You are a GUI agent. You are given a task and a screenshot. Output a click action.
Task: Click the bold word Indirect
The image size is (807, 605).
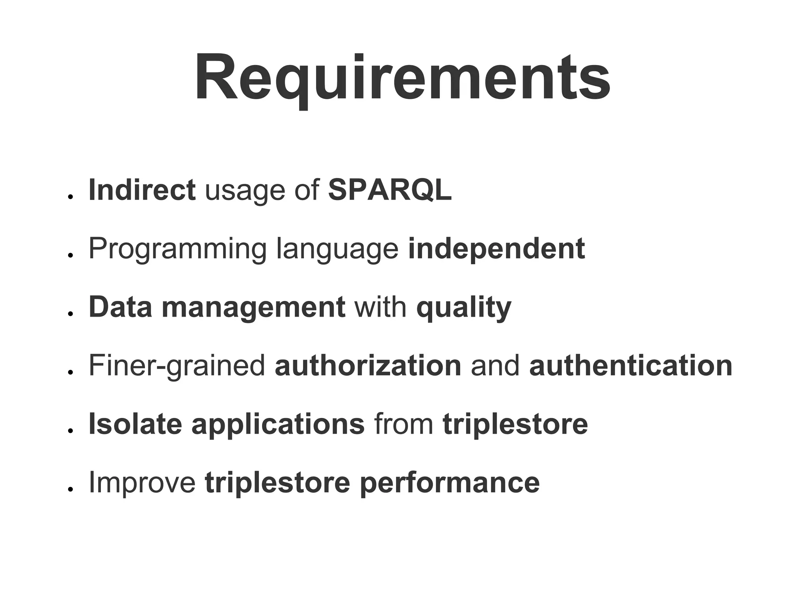point(142,190)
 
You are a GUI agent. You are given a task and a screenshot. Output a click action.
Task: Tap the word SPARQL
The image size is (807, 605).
point(390,190)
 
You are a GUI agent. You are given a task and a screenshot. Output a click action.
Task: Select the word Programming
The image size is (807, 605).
point(178,249)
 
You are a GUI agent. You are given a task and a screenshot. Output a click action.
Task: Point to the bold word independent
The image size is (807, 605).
point(496,249)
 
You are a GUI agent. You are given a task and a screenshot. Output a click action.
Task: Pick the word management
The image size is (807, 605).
point(253,307)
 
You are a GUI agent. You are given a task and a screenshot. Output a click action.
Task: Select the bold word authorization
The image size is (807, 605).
point(368,366)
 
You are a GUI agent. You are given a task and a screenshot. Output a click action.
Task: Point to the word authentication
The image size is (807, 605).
point(630,366)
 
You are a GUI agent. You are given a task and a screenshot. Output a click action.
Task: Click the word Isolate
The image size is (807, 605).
point(135,424)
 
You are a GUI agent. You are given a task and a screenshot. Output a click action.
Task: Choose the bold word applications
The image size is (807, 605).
point(278,425)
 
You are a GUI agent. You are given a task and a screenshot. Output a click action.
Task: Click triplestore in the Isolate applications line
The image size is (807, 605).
point(515,425)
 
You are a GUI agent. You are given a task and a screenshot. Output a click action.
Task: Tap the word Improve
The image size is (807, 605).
point(142,483)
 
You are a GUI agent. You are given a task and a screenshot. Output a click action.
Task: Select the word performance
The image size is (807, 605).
point(450,483)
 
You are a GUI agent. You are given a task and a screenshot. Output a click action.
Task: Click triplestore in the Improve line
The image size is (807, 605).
point(277,483)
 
